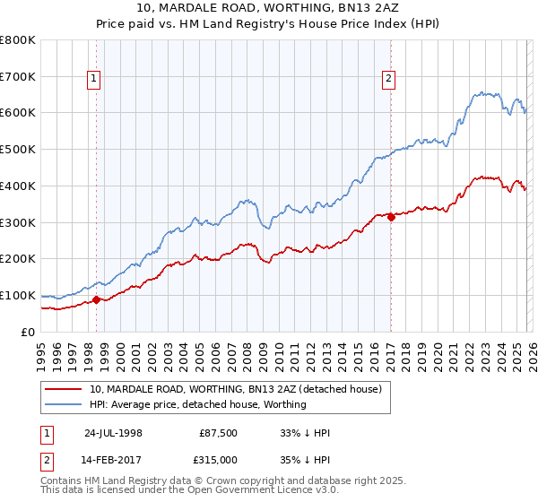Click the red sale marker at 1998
click(x=97, y=300)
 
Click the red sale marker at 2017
click(x=391, y=217)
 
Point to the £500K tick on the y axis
click(x=18, y=149)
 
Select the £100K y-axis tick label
click(x=18, y=295)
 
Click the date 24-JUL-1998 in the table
click(x=113, y=433)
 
